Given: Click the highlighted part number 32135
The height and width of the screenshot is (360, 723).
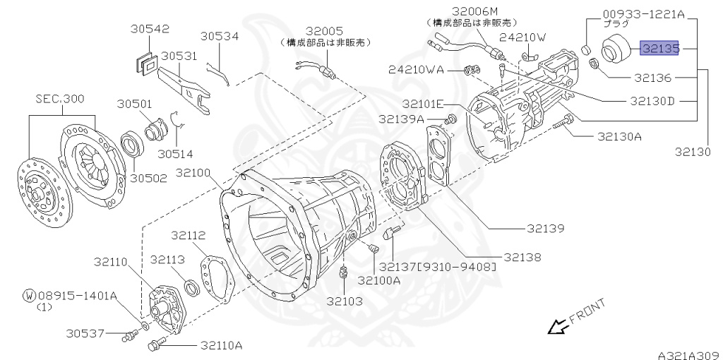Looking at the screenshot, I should (x=659, y=48).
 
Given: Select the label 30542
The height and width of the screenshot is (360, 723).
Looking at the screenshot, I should (x=150, y=29).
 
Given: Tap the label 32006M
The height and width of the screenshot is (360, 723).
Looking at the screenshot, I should (x=475, y=12).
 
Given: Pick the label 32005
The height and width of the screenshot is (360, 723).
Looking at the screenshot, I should (x=324, y=30).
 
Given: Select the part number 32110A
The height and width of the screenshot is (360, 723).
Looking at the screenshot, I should (x=221, y=345).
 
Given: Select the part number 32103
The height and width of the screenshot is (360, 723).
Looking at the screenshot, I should (x=344, y=301).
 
